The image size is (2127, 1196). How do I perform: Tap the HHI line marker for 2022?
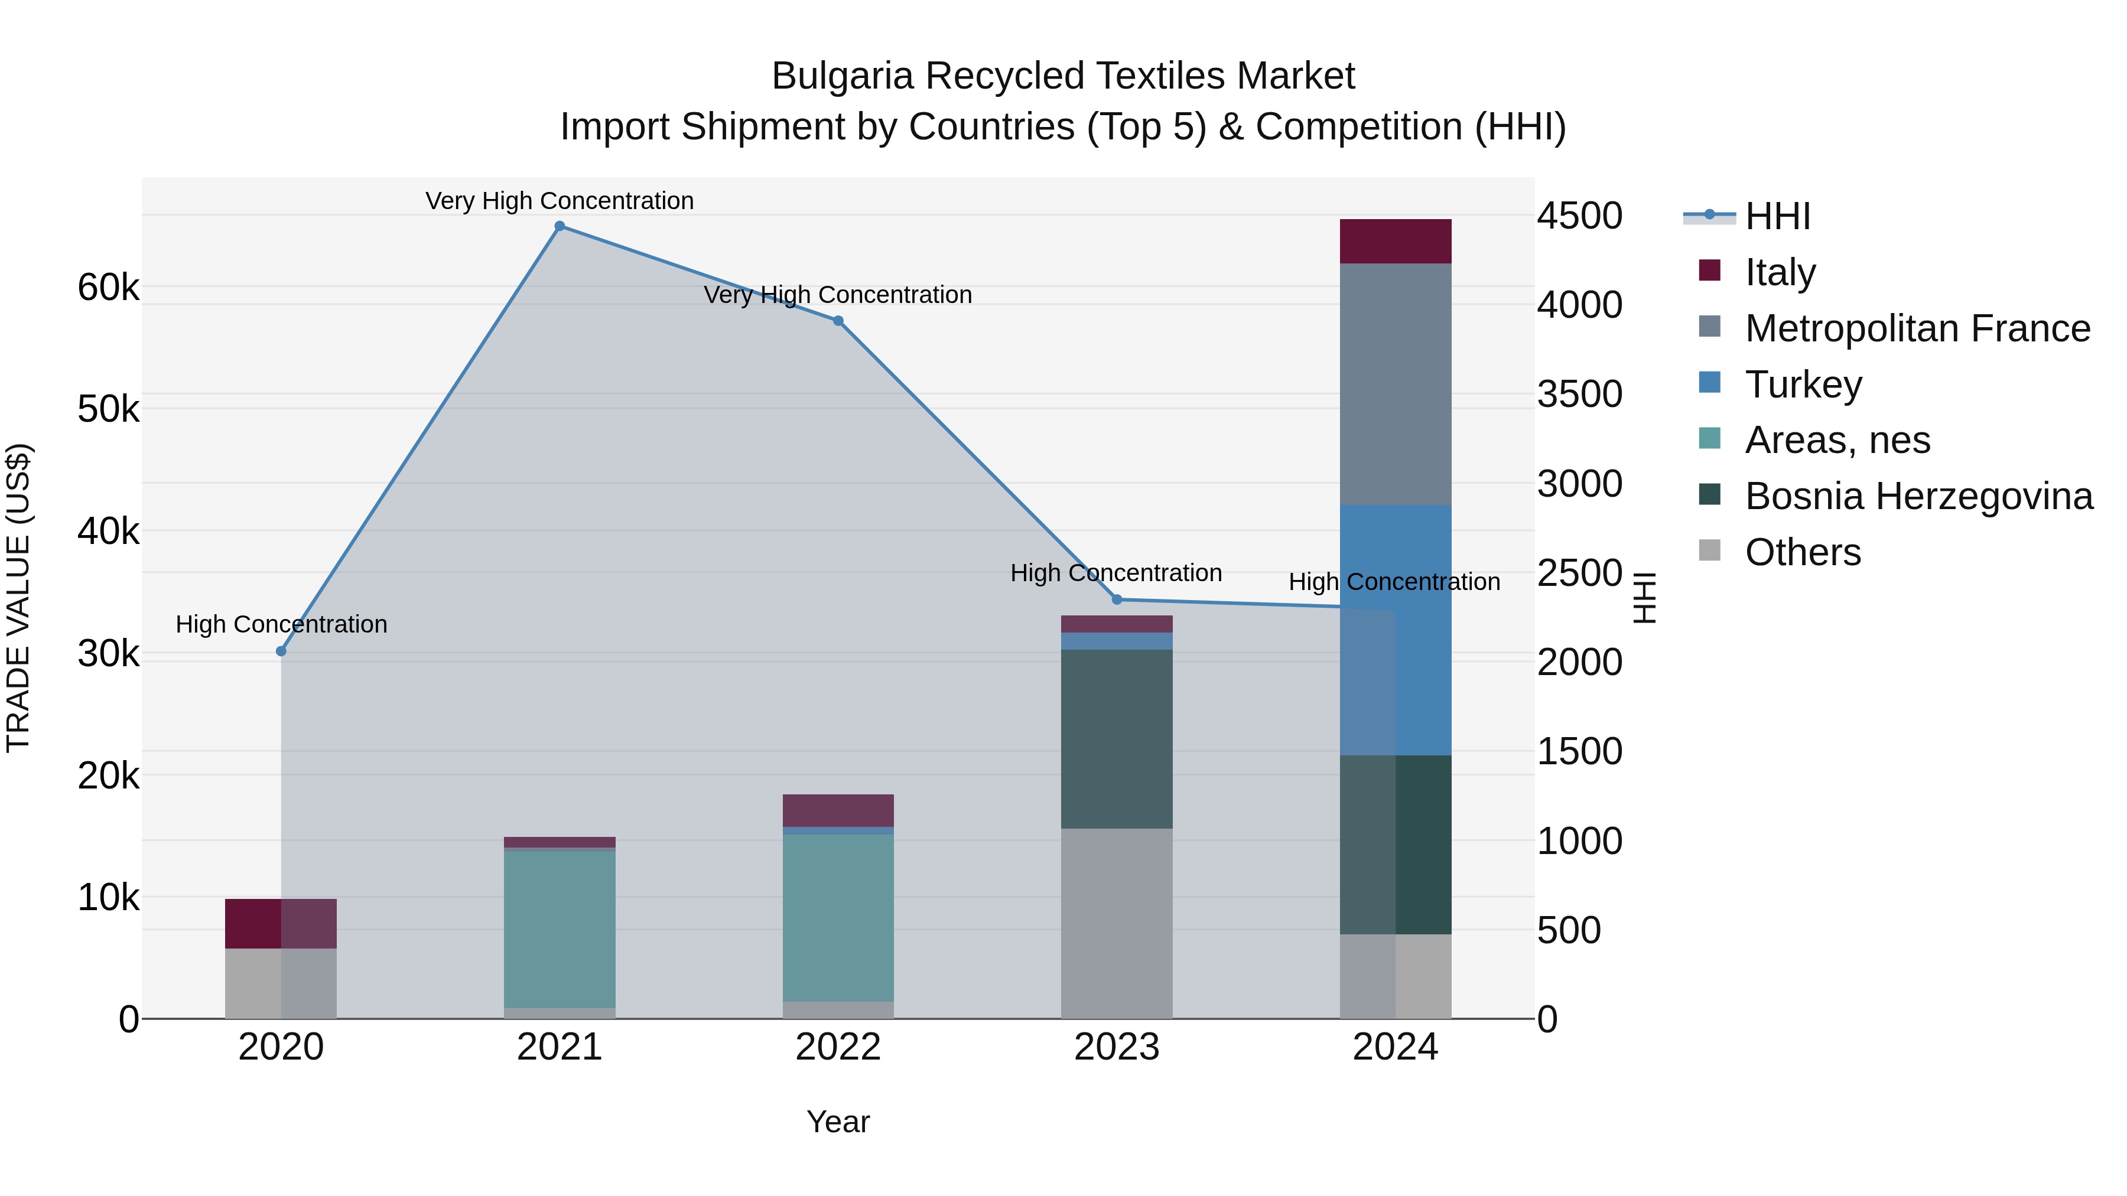point(838,321)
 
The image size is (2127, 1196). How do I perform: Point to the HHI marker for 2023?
point(1117,599)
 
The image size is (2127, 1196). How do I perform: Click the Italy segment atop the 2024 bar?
point(1396,241)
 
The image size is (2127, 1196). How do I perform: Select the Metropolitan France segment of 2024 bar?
point(1396,384)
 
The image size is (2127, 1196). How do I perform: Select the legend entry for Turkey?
point(1803,384)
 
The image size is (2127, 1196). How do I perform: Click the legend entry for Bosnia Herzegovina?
point(1917,496)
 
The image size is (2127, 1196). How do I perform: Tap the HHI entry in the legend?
point(1777,216)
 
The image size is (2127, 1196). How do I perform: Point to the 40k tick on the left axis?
point(108,532)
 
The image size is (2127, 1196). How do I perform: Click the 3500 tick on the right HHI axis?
point(1579,394)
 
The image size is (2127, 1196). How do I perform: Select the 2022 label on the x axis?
point(838,1047)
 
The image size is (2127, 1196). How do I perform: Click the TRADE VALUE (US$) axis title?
point(18,598)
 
